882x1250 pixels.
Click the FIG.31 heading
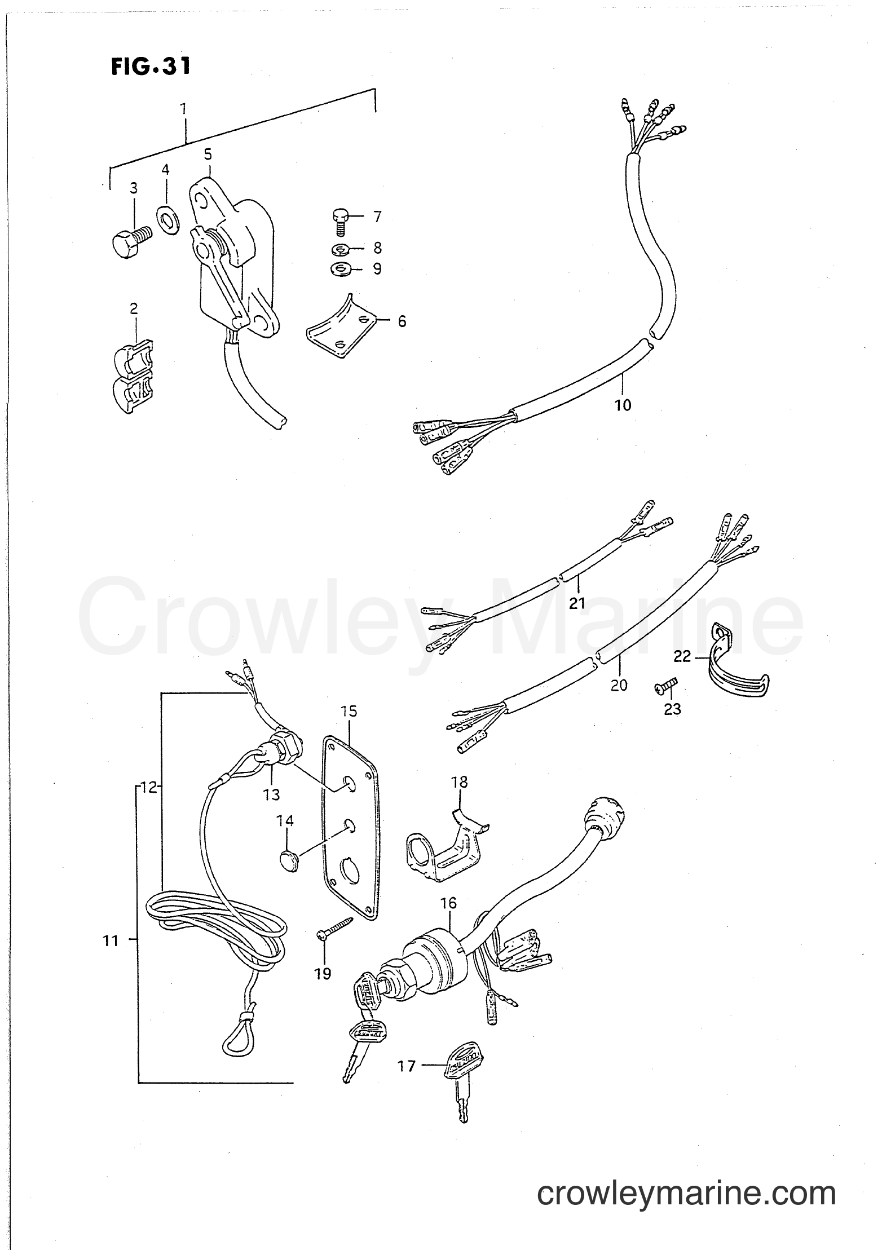[150, 67]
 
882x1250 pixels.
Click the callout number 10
[623, 405]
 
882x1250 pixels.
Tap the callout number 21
[577, 603]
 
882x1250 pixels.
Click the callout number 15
[349, 711]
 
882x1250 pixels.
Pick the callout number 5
[208, 153]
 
